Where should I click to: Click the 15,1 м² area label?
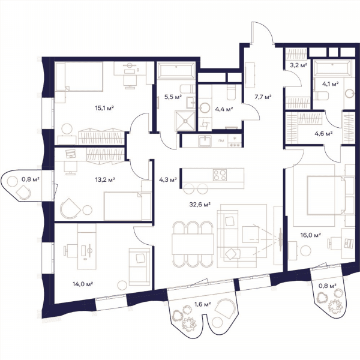pos(104,107)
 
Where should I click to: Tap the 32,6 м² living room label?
pos(200,204)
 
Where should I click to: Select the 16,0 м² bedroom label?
pos(311,235)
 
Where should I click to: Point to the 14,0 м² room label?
pos(83,284)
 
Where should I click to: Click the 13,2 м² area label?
pos(105,179)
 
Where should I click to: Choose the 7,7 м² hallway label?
pos(263,97)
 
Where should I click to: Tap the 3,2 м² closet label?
pos(298,65)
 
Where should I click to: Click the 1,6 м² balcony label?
pos(203,304)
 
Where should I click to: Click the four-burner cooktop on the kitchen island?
pos(220,175)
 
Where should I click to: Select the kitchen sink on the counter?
pos(205,141)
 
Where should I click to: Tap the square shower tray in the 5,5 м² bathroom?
pos(185,121)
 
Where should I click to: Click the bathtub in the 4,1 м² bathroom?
pos(332,68)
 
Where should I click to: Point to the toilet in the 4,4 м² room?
pos(231,93)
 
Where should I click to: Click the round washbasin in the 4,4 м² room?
pos(205,108)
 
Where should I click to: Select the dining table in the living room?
pos(193,244)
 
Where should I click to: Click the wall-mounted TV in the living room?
pos(280,239)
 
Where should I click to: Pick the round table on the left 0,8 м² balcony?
pos(12,182)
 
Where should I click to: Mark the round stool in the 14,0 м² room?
pos(122,285)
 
